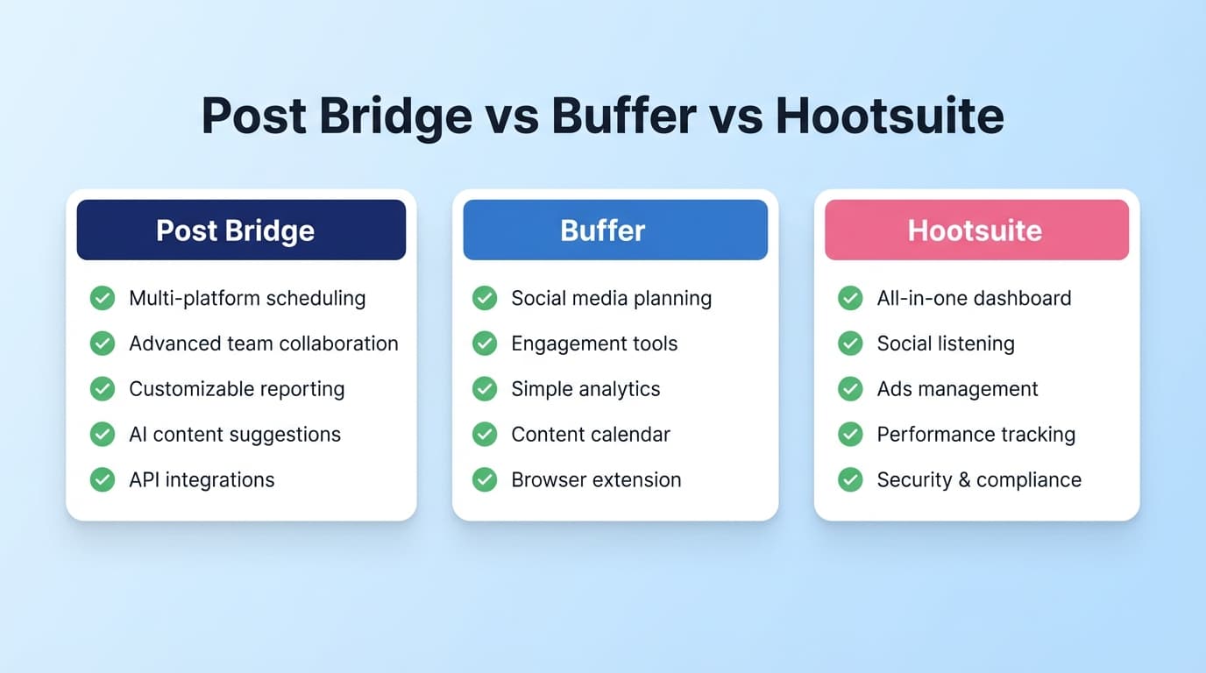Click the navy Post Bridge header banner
pyautogui.click(x=241, y=230)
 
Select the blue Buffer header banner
pyautogui.click(x=614, y=230)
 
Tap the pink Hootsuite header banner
pyautogui.click(x=975, y=230)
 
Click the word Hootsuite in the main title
pyautogui.click(x=890, y=116)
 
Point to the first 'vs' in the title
pyautogui.click(x=513, y=116)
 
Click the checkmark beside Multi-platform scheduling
pyautogui.click(x=103, y=298)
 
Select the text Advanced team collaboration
pyautogui.click(x=263, y=344)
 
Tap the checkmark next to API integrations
pyautogui.click(x=103, y=479)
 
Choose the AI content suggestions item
pyautogui.click(x=234, y=435)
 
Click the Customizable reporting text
pyautogui.click(x=237, y=389)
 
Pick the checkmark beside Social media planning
pyautogui.click(x=485, y=298)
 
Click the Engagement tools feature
pyautogui.click(x=594, y=344)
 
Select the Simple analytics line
pyautogui.click(x=585, y=389)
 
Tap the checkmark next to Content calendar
pyautogui.click(x=485, y=434)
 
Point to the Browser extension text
pyautogui.click(x=596, y=480)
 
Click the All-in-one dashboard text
pyautogui.click(x=974, y=298)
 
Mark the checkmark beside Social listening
pyautogui.click(x=850, y=344)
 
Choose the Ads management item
pyautogui.click(x=957, y=389)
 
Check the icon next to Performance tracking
pyautogui.click(x=850, y=434)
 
